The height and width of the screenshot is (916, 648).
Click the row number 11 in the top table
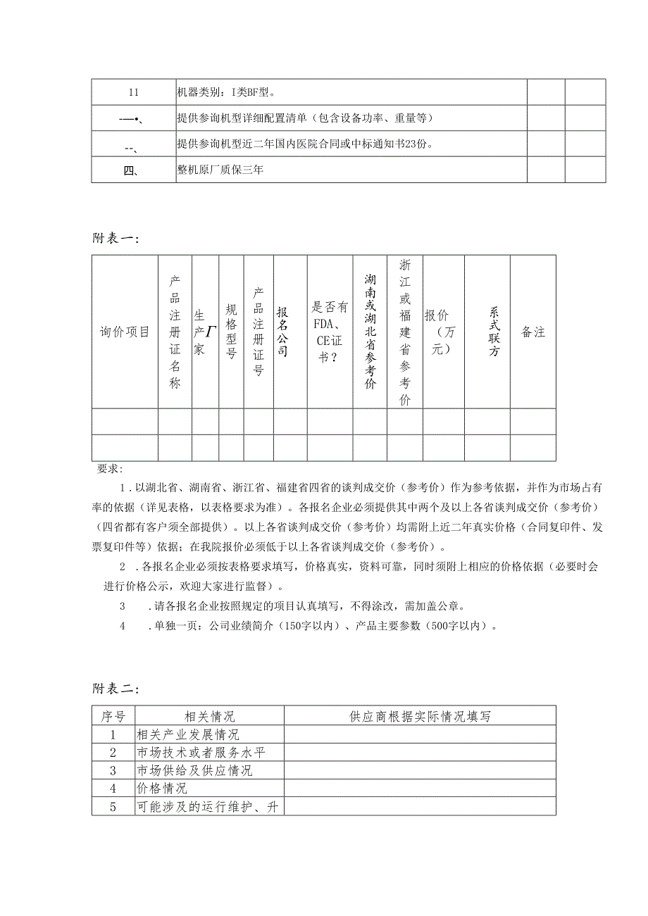click(134, 92)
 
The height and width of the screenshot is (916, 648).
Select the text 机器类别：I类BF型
click(226, 92)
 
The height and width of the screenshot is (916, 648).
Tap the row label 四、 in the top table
click(134, 170)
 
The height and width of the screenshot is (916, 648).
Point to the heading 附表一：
click(116, 239)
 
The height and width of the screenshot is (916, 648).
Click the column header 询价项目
click(125, 332)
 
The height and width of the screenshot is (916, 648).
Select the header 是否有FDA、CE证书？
click(330, 332)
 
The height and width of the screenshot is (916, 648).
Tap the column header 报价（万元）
click(442, 332)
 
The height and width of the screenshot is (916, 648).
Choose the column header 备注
click(533, 332)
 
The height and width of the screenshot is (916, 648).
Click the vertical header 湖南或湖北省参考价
click(370, 332)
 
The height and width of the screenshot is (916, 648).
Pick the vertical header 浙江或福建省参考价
click(404, 332)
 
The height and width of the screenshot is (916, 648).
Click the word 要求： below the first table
click(110, 469)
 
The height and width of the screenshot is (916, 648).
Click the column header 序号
click(113, 716)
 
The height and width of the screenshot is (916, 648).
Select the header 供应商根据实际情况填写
click(420, 716)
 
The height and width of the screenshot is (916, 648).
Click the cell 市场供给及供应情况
click(195, 771)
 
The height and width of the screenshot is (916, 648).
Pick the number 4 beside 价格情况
click(113, 789)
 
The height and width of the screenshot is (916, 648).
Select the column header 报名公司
click(282, 332)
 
